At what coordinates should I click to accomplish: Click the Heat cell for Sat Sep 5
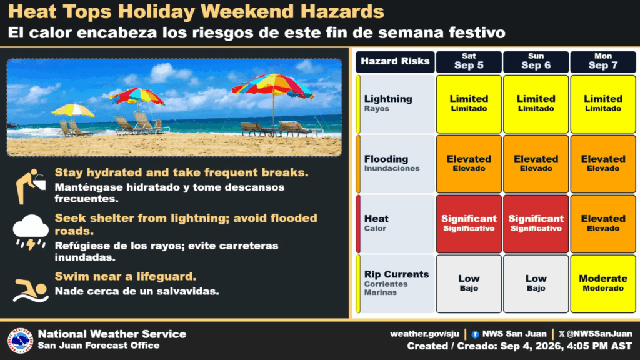click(x=469, y=224)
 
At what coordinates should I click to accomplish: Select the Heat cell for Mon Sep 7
click(x=603, y=224)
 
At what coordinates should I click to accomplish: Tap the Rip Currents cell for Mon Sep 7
click(x=603, y=284)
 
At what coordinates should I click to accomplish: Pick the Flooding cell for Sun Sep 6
click(x=536, y=164)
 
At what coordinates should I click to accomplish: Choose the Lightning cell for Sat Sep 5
click(x=469, y=104)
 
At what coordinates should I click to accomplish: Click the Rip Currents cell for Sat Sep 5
click(x=469, y=284)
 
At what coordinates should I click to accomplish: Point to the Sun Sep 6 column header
click(x=536, y=62)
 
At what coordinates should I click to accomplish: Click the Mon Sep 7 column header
click(x=603, y=62)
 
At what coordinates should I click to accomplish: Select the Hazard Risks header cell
click(x=395, y=62)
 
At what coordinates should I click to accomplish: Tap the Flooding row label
click(x=395, y=164)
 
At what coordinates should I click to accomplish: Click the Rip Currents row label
click(x=395, y=284)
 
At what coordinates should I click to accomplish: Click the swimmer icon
click(x=31, y=291)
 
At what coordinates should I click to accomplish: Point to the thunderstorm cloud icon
click(x=31, y=232)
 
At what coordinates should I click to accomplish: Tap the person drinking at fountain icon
click(x=31, y=186)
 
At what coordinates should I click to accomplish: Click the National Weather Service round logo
click(x=21, y=340)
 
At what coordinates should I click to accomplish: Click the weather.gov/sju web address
click(x=424, y=334)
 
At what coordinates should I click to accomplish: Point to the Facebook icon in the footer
click(x=475, y=335)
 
